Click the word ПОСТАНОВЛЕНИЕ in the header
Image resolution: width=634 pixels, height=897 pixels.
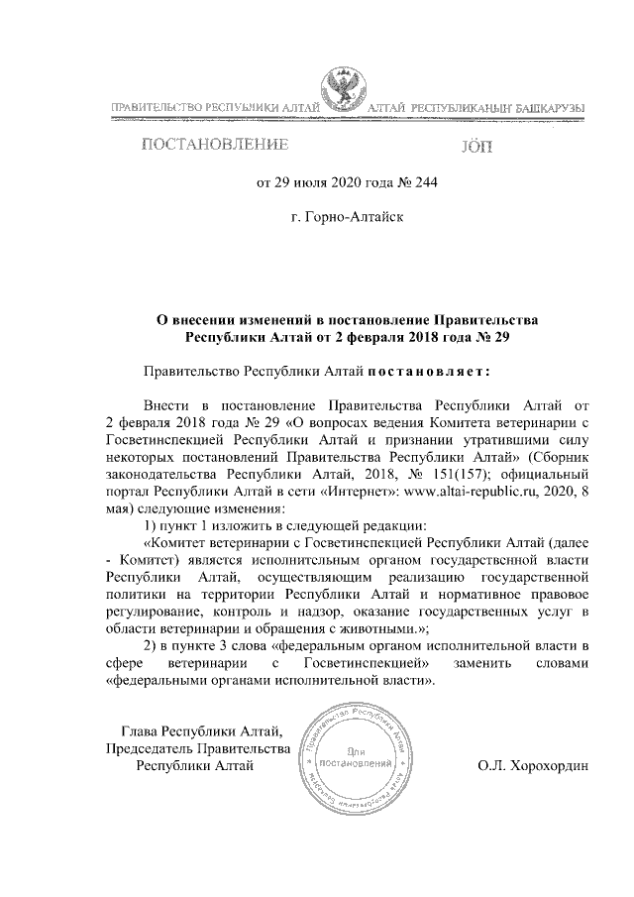(x=215, y=146)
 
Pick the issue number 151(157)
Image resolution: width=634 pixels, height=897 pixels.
(x=471, y=472)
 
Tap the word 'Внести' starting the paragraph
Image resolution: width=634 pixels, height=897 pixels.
(x=164, y=404)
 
